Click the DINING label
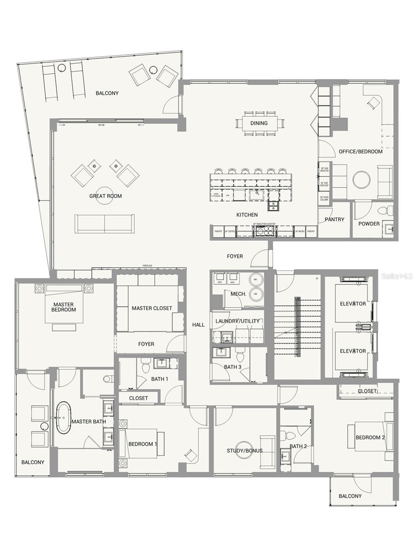click(x=259, y=123)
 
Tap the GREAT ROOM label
click(x=105, y=196)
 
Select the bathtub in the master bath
click(x=63, y=419)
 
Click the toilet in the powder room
click(x=383, y=210)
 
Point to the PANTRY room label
click(x=334, y=219)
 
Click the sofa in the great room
click(x=105, y=223)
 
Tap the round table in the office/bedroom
click(x=361, y=179)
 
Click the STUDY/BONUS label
click(x=245, y=450)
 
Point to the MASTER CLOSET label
click(x=152, y=308)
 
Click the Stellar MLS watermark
click(x=397, y=276)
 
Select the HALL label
click(x=198, y=325)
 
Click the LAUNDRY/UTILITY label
click(x=238, y=321)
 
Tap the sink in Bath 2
click(x=285, y=456)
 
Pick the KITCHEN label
click(x=247, y=215)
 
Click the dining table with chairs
click(x=259, y=123)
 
